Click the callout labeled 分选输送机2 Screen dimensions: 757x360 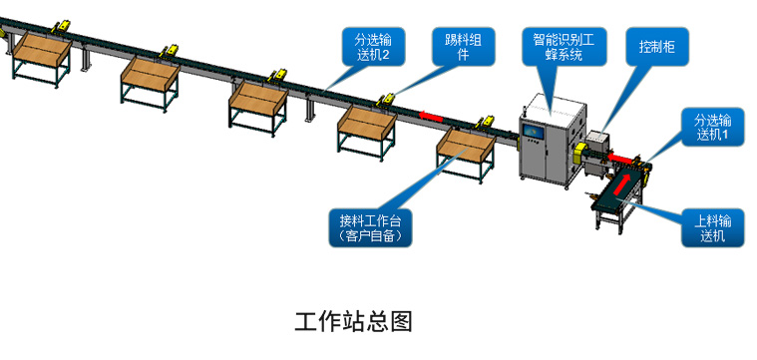(373, 46)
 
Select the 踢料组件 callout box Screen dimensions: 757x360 (464, 46)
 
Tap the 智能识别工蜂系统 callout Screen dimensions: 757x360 (564, 46)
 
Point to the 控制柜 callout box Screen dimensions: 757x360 (657, 46)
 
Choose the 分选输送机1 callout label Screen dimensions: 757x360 (712, 127)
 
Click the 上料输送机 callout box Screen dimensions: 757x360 (712, 227)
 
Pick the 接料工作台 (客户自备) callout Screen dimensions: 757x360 (370, 227)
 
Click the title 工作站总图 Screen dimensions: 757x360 (354, 322)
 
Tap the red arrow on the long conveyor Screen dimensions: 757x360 (431, 117)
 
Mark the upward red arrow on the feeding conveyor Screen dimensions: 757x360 (621, 184)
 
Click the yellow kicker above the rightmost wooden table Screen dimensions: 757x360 (485, 123)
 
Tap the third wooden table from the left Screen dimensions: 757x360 (258, 107)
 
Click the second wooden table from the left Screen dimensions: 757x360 (151, 81)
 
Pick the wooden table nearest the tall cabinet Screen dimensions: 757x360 (466, 152)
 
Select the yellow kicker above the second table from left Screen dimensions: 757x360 (170, 50)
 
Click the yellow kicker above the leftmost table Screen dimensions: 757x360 (62, 27)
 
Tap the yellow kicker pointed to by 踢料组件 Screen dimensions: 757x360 (387, 100)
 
